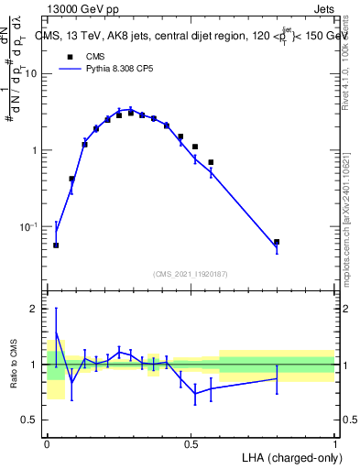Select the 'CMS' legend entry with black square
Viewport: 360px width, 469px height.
tap(84, 56)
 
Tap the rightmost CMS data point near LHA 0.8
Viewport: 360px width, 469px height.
tap(277, 243)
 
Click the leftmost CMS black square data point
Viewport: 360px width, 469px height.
tap(56, 245)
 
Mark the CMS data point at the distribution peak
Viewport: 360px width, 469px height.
tap(131, 113)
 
